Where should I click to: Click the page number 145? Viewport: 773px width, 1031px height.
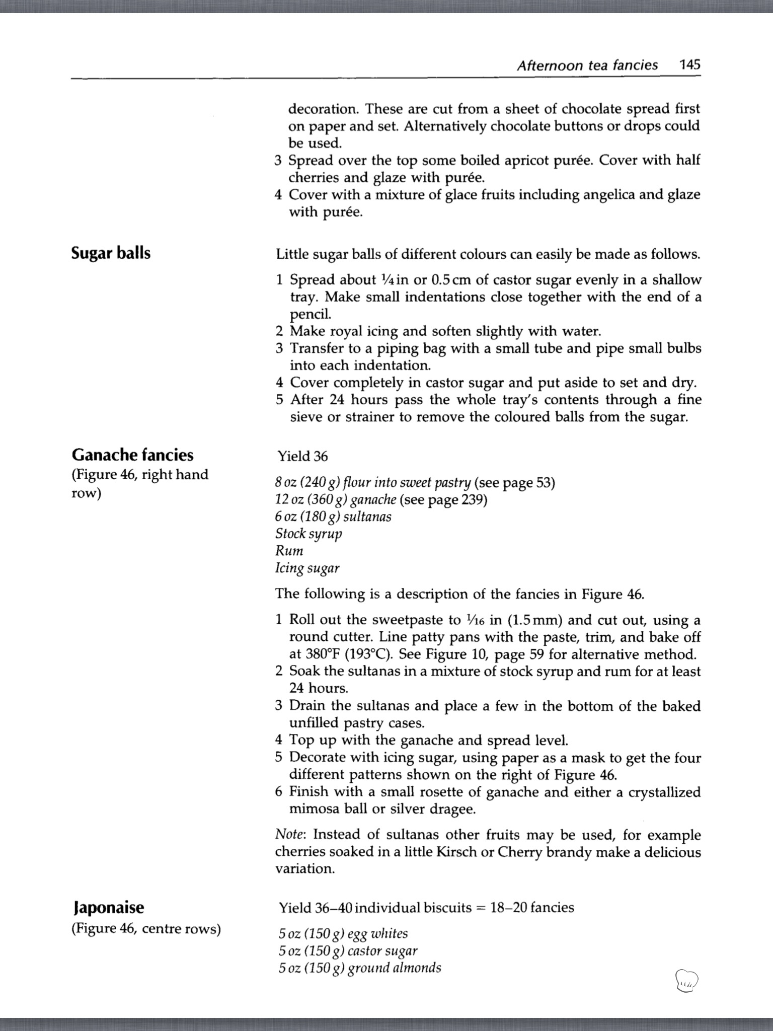(x=689, y=65)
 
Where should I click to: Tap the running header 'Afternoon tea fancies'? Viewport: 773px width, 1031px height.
(x=587, y=65)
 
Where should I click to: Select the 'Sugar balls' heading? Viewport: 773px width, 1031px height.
(x=111, y=253)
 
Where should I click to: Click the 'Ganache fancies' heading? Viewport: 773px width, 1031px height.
(x=132, y=455)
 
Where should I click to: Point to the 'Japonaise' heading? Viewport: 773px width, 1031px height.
(x=108, y=907)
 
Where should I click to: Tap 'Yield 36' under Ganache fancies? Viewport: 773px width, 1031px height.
(x=302, y=456)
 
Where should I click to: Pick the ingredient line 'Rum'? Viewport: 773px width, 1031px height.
(x=289, y=551)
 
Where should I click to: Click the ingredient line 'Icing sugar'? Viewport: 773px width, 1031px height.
(x=307, y=568)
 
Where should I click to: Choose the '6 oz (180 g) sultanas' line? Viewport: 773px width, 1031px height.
(x=333, y=517)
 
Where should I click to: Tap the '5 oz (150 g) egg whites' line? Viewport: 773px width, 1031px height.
(x=343, y=933)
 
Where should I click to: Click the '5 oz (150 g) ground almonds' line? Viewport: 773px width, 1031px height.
(x=360, y=968)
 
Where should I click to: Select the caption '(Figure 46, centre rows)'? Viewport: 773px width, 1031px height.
(x=146, y=928)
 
